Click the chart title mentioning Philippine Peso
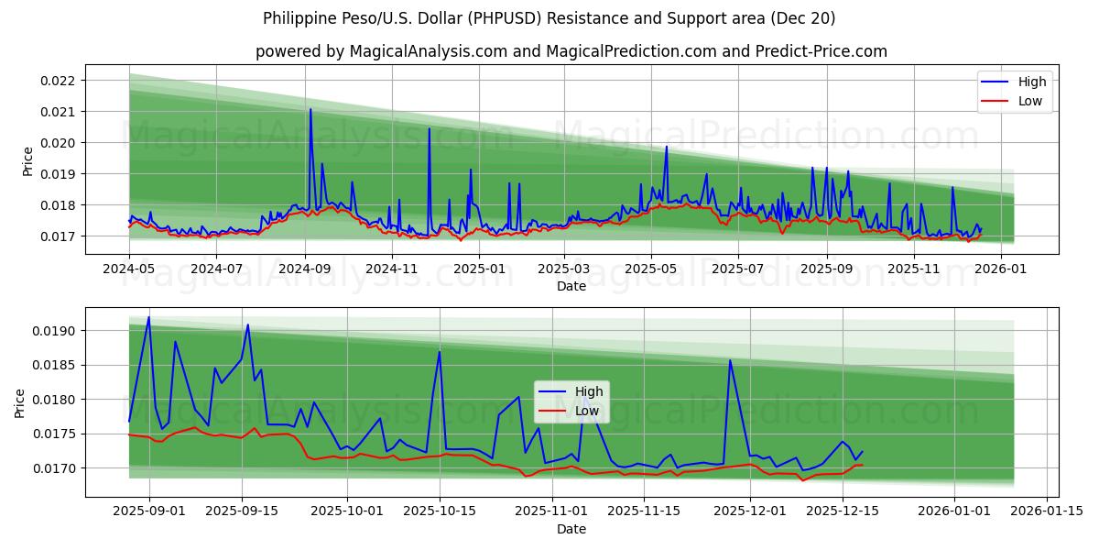pos(549,18)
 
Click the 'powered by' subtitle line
pos(571,51)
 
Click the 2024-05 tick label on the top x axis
pos(129,269)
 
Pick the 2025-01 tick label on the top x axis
pos(478,269)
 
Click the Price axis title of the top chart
pos(28,161)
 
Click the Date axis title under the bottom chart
pos(571,529)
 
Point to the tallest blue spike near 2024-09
pos(310,109)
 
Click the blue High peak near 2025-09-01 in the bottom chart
pos(148,318)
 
